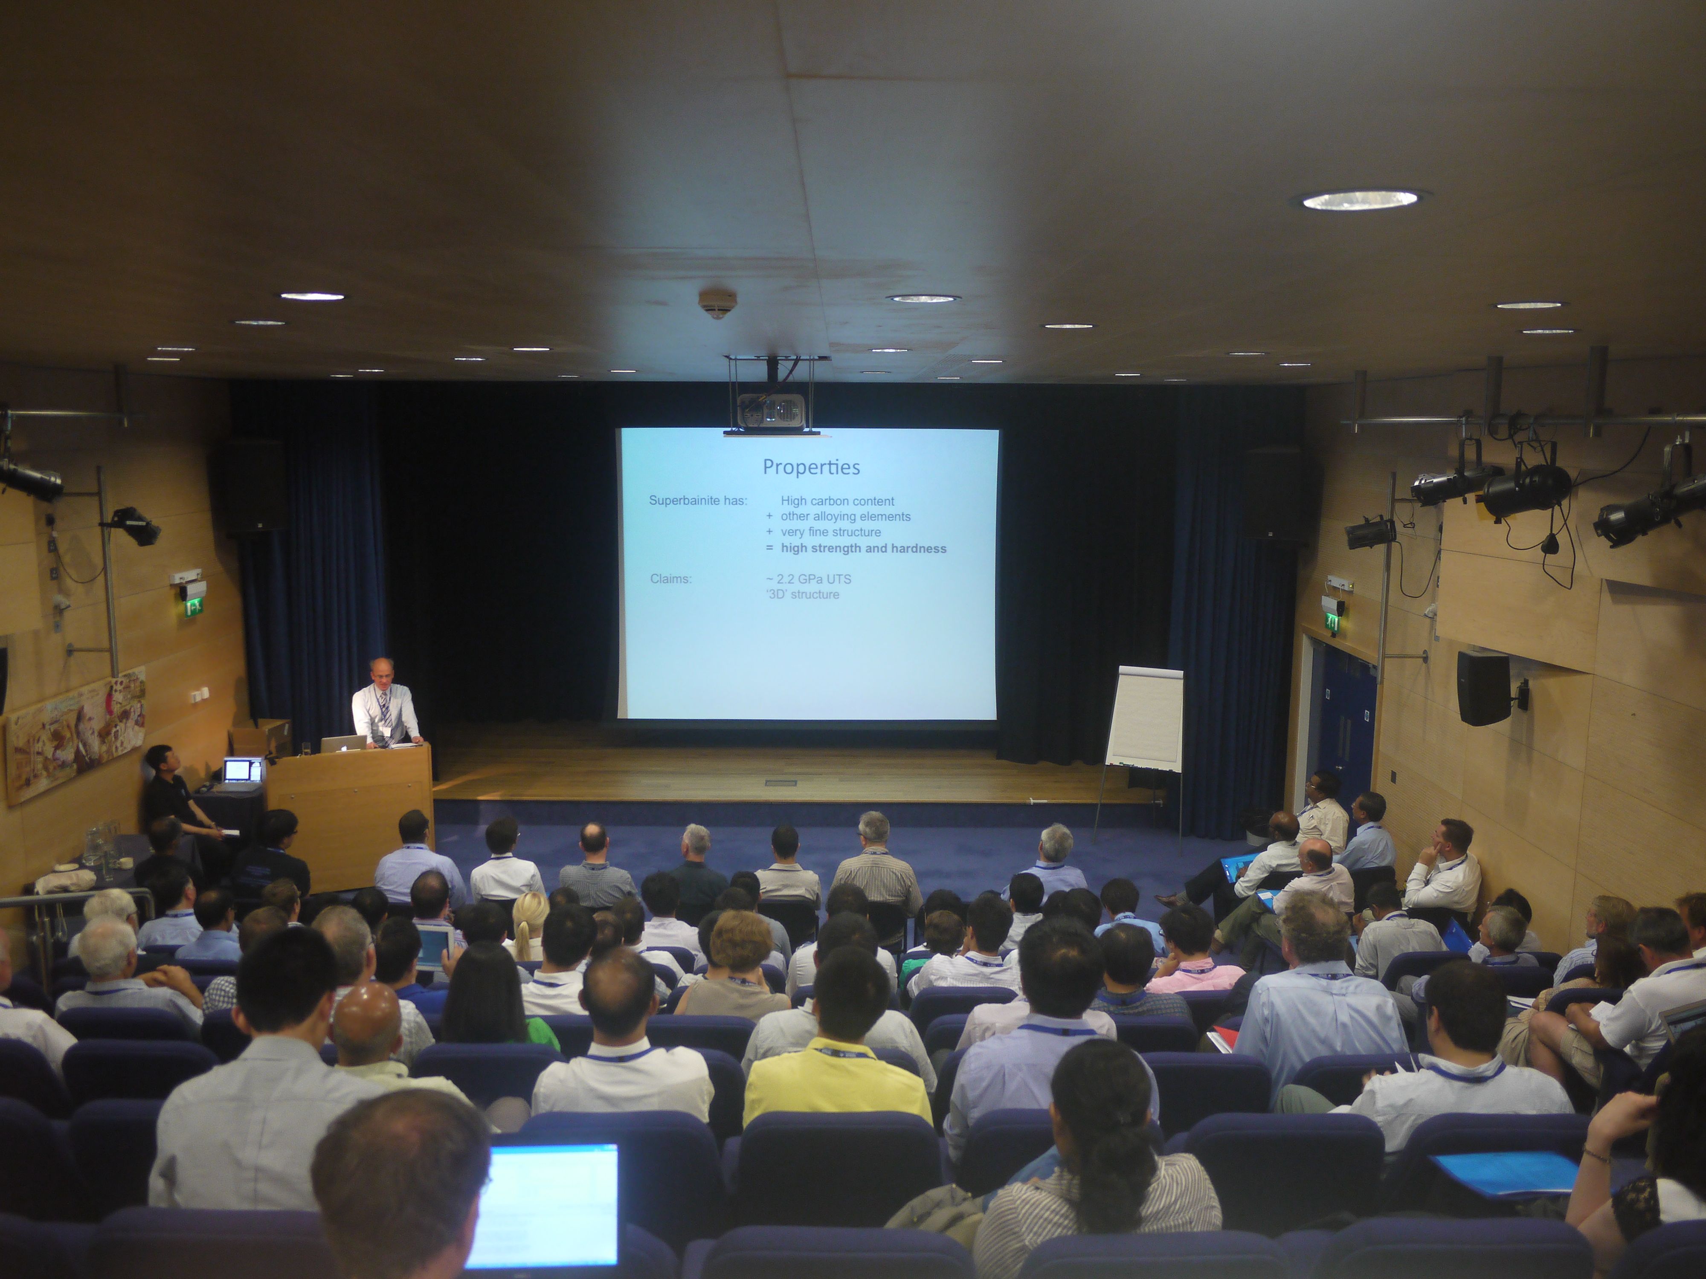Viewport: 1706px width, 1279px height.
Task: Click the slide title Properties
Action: [811, 467]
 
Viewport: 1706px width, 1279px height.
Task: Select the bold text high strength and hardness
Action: [863, 548]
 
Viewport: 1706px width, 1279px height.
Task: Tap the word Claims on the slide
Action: [670, 578]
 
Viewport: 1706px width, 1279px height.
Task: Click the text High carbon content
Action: [838, 501]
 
